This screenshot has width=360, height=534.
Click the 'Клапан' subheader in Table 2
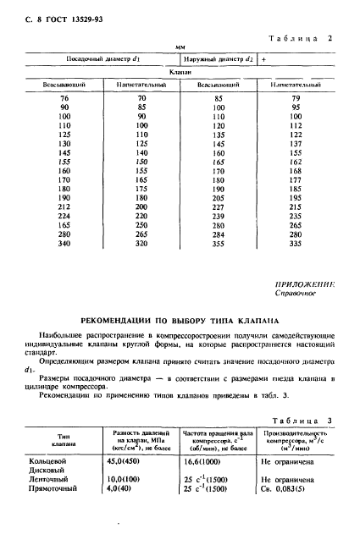[x=184, y=73]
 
